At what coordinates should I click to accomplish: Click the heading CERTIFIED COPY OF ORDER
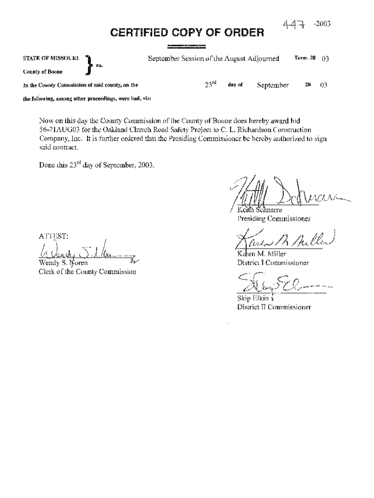pos(187,33)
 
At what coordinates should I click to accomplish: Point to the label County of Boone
pos(42,71)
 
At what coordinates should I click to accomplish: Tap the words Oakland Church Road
pos(129,129)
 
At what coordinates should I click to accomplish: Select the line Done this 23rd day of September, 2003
pos(97,164)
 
